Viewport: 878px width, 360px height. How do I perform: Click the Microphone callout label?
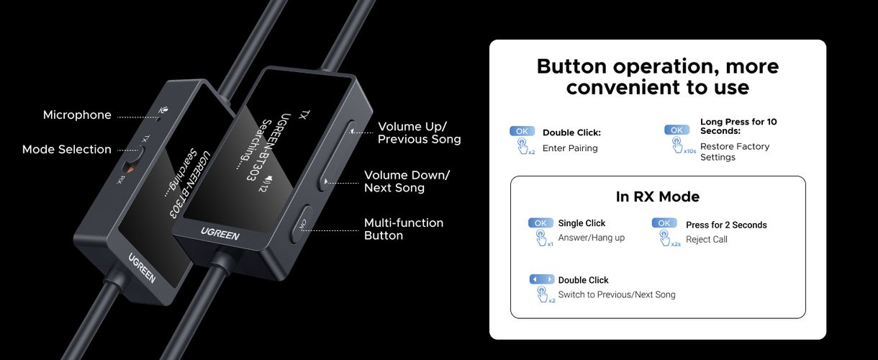[77, 115]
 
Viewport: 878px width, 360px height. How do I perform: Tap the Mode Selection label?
[67, 150]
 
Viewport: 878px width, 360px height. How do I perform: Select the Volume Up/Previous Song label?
[420, 133]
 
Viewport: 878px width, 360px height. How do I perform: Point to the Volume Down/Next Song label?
[407, 181]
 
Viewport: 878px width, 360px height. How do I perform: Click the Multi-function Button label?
[404, 229]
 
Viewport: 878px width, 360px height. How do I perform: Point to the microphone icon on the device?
[166, 110]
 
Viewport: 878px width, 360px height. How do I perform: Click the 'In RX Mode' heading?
[658, 197]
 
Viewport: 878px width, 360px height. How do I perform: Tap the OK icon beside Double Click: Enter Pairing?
[522, 132]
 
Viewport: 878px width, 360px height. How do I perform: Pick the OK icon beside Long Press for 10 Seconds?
[676, 130]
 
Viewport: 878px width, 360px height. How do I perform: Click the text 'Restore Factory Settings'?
[735, 152]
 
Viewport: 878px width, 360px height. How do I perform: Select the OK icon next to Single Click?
[540, 223]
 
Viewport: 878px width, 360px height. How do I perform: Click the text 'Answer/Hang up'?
[592, 238]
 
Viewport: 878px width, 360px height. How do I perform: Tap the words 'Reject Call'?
[707, 239]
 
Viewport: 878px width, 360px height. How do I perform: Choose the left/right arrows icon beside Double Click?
[541, 279]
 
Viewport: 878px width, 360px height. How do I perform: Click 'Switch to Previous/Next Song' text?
[617, 294]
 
